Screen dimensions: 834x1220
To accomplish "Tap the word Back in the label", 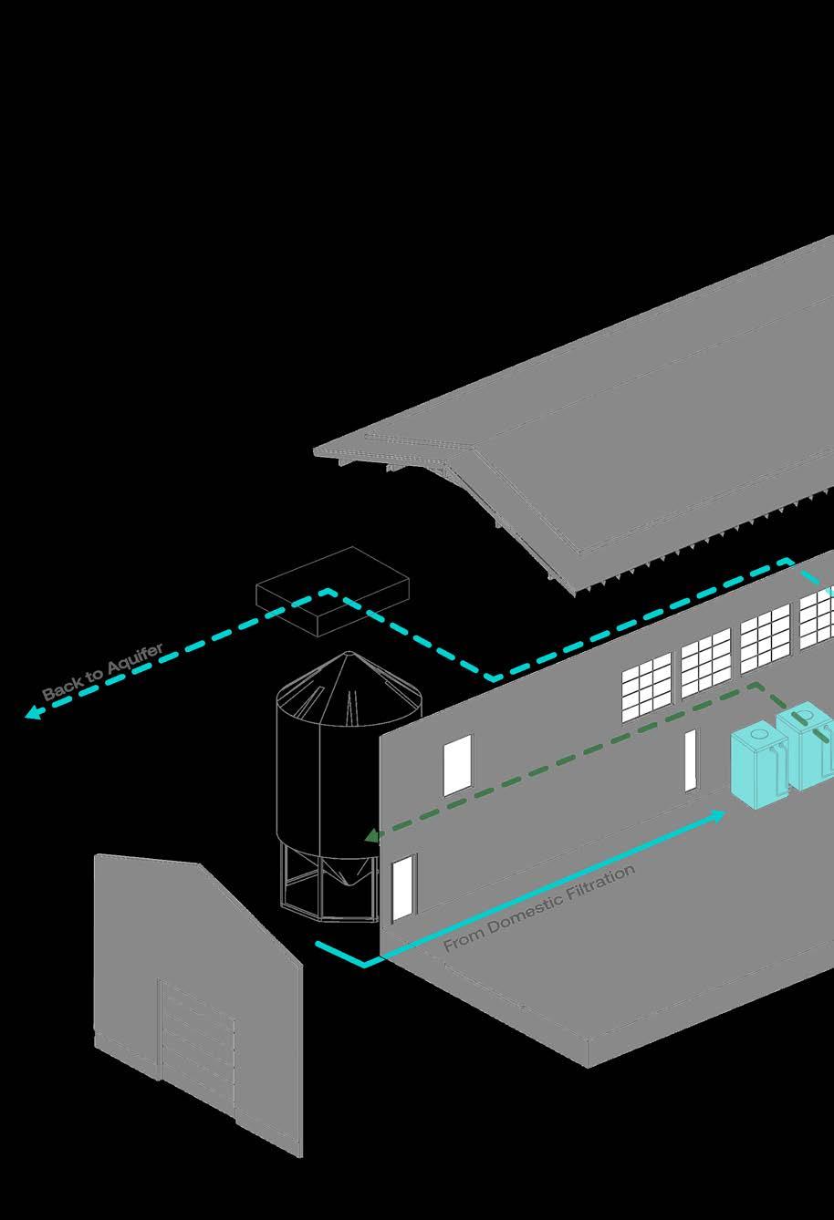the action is [60, 690].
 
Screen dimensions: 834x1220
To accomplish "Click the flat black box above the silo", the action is [330, 594].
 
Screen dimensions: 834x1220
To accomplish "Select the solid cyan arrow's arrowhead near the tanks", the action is [719, 815].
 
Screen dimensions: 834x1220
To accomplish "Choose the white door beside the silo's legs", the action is [403, 886].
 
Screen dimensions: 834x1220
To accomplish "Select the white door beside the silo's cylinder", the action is [458, 764].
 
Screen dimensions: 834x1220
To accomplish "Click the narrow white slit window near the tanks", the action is [691, 760].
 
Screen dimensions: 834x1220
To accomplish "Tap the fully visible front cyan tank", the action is [759, 764].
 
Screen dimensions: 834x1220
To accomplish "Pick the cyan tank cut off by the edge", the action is [808, 743].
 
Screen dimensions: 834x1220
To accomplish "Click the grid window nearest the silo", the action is [648, 687].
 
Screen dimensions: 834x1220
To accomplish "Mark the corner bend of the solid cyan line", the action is [364, 963].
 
